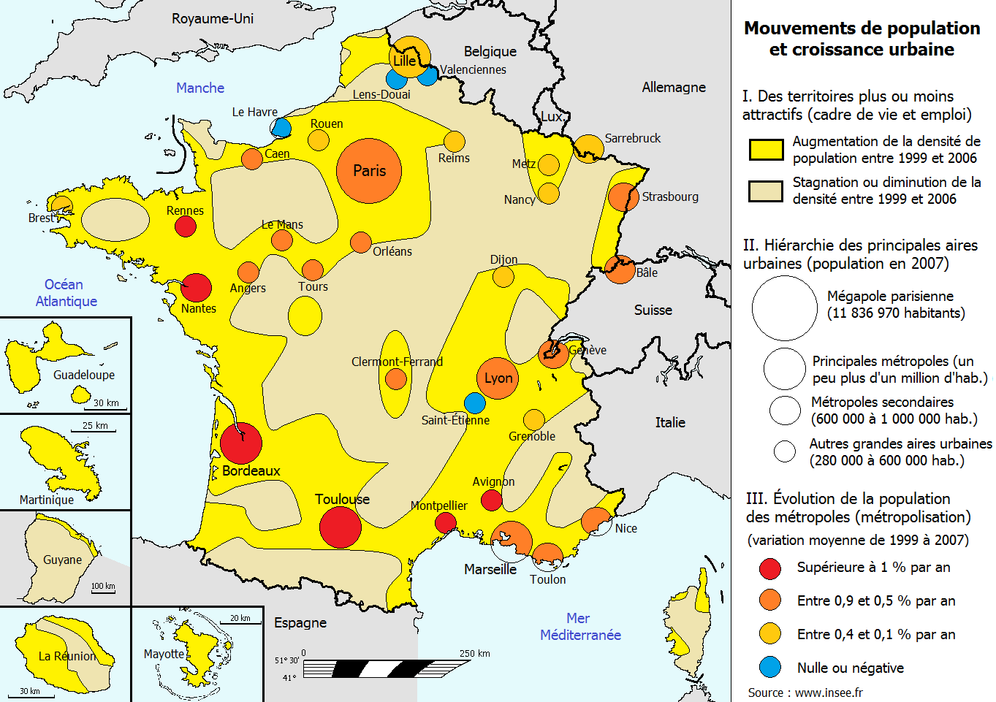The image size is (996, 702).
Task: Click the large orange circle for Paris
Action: pyautogui.click(x=369, y=171)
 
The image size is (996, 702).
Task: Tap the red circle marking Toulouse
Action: pyautogui.click(x=341, y=527)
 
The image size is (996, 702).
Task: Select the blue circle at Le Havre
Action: pyautogui.click(x=281, y=128)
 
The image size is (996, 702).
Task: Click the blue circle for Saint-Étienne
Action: pyautogui.click(x=474, y=402)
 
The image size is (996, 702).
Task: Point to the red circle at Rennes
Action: pyautogui.click(x=186, y=226)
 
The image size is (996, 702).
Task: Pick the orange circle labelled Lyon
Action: pyautogui.click(x=498, y=378)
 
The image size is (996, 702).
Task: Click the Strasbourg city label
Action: pyautogui.click(x=670, y=197)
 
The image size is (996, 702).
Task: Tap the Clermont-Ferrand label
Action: pyautogui.click(x=397, y=362)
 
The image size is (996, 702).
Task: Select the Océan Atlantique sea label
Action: pyautogui.click(x=65, y=293)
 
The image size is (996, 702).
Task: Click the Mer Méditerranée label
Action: pyautogui.click(x=580, y=627)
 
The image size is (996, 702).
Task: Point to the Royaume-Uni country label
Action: pyautogui.click(x=213, y=18)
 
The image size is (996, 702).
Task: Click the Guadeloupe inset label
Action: pyautogui.click(x=84, y=375)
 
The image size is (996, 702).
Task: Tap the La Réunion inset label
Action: pyautogui.click(x=67, y=656)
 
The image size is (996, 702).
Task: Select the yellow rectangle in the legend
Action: pyautogui.click(x=766, y=150)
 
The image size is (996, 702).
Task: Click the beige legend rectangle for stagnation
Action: pyautogui.click(x=766, y=191)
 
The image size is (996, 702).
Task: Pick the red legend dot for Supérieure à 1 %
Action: pyautogui.click(x=770, y=568)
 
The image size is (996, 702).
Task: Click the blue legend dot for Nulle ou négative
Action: pyautogui.click(x=770, y=667)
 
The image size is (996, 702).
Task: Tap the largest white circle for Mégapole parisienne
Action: pyautogui.click(x=784, y=308)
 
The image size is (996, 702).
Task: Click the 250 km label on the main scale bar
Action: pyautogui.click(x=474, y=653)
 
